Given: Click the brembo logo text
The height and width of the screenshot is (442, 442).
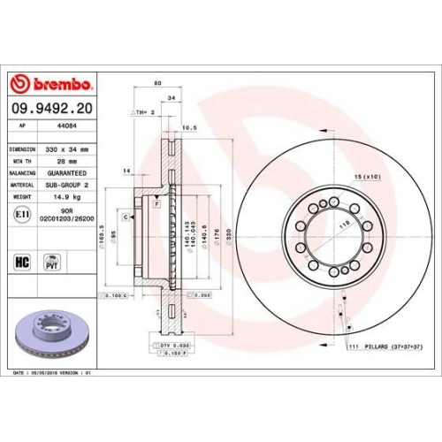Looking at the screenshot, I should click(x=58, y=84).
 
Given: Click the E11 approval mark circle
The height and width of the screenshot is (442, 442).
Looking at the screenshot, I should click(x=22, y=214).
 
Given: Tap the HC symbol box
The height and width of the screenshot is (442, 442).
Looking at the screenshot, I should click(x=22, y=262).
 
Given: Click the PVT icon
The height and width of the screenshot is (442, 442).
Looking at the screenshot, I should click(x=51, y=263).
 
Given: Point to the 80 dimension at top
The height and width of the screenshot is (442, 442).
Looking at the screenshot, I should click(x=157, y=84).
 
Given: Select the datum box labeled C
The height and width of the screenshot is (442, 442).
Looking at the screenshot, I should click(x=126, y=217).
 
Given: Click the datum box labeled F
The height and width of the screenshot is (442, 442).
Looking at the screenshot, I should click(x=156, y=204).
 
